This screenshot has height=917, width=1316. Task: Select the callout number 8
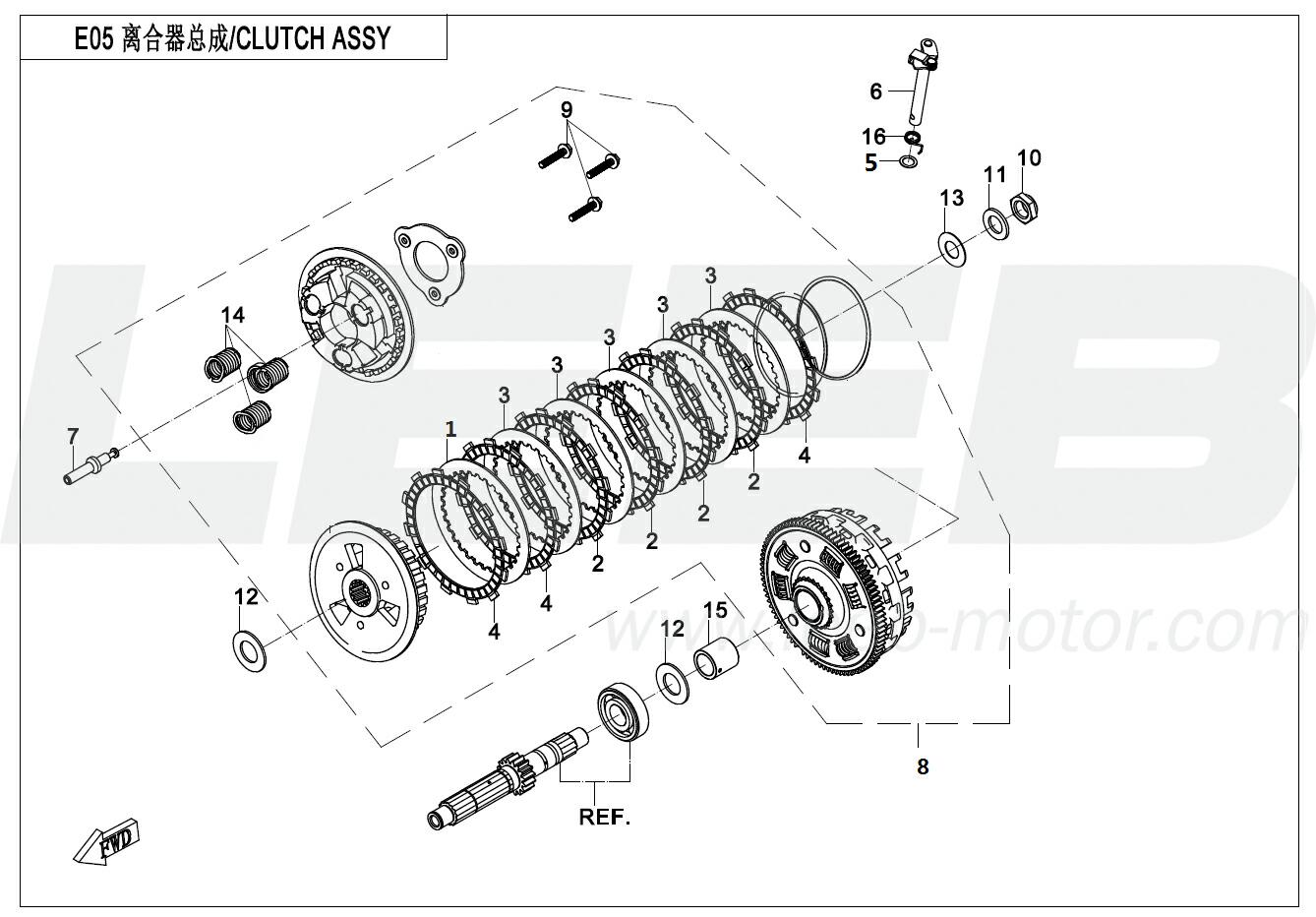(922, 765)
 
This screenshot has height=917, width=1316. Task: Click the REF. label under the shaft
(604, 817)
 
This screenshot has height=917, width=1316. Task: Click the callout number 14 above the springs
(232, 315)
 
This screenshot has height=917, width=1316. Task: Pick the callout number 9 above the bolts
(567, 109)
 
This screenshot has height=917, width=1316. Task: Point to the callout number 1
(450, 429)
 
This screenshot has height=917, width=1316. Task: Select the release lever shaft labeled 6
(920, 79)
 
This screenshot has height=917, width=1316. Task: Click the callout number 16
(873, 137)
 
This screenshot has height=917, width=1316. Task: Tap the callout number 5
(870, 163)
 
